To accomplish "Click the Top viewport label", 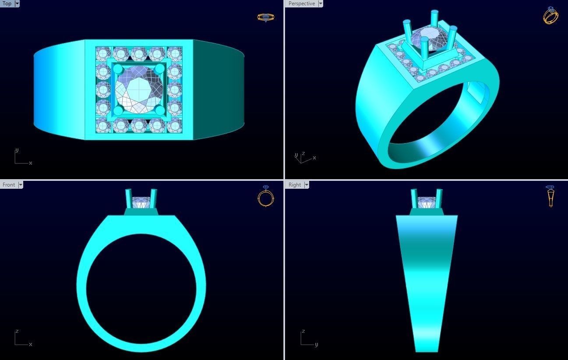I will click(x=7, y=4).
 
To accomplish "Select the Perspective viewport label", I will click(x=301, y=4).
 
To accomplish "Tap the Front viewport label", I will click(x=9, y=185).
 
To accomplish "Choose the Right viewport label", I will click(x=295, y=185).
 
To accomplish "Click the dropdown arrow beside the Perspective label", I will click(x=321, y=4).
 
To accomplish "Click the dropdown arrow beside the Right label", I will click(x=307, y=185).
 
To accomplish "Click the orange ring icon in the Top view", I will click(x=265, y=18).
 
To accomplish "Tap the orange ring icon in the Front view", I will click(x=265, y=196).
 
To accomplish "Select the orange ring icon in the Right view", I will click(x=550, y=196).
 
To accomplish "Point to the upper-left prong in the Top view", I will click(x=117, y=69).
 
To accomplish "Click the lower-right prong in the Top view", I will click(x=160, y=110).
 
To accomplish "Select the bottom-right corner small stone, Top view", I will click(x=174, y=126).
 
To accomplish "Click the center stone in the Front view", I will click(x=141, y=203).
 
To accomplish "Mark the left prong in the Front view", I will click(x=129, y=198).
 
